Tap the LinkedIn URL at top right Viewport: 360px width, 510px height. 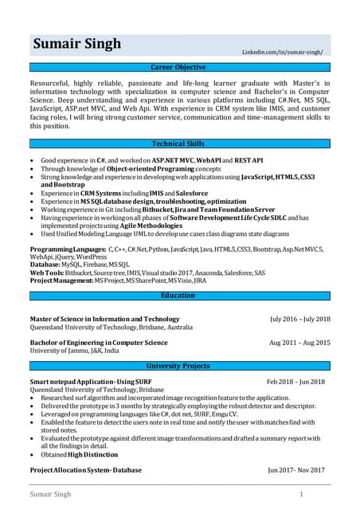click(x=282, y=52)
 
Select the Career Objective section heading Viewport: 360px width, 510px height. click(x=179, y=68)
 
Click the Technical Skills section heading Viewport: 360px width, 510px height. click(x=179, y=143)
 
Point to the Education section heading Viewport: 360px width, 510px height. click(x=179, y=296)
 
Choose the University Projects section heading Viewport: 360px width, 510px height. click(x=179, y=366)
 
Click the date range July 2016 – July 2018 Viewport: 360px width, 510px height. click(x=299, y=320)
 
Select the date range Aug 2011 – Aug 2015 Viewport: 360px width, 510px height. click(x=299, y=343)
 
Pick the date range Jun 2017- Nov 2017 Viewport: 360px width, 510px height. click(x=296, y=470)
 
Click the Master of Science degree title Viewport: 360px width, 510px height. click(x=104, y=320)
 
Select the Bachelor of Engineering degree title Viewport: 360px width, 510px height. click(x=99, y=343)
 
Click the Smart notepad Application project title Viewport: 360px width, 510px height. click(x=89, y=382)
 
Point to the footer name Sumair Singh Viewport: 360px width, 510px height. click(x=50, y=495)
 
